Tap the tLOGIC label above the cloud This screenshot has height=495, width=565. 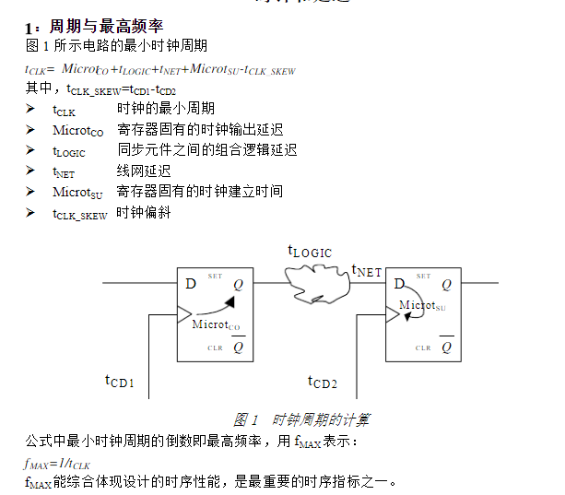coord(309,252)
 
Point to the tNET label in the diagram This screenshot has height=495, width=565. coord(366,271)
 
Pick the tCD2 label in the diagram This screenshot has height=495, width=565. coord(323,381)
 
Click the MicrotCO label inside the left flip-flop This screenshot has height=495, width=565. coord(216,324)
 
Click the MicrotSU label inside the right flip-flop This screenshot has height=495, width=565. coord(422,306)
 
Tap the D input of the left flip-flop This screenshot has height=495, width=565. coord(191,284)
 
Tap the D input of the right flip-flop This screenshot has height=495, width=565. coord(399,284)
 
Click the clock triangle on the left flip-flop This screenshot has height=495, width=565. coord(183,314)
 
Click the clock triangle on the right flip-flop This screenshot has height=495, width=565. coord(392,314)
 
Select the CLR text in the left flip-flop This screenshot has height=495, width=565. coord(214,348)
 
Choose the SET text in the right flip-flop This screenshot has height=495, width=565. coord(423,276)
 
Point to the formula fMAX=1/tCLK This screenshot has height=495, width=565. coord(57,463)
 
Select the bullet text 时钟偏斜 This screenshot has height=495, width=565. coord(144,213)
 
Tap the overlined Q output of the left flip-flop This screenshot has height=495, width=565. coord(238,348)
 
